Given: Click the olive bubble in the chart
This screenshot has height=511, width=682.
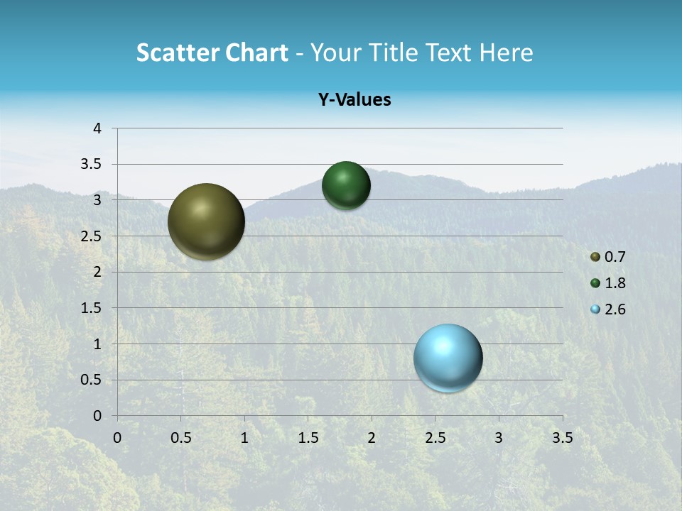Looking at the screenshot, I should (206, 221).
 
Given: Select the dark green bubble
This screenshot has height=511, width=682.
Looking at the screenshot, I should (346, 185).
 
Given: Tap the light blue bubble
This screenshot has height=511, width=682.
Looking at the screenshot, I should (448, 358).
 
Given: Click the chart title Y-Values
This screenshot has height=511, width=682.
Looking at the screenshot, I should (354, 100).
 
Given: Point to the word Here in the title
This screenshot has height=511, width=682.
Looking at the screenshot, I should (506, 53).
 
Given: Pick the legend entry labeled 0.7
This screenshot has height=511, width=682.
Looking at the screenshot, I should (609, 257).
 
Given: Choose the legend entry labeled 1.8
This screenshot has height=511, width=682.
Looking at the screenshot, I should (609, 283).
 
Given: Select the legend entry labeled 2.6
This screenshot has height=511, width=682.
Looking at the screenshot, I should (609, 309).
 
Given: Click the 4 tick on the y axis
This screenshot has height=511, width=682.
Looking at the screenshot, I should (97, 128).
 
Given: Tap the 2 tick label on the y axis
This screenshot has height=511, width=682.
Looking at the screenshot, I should (97, 272).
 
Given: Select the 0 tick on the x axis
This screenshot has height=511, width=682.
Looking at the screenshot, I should (117, 438).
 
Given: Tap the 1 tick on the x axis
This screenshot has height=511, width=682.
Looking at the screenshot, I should (244, 438).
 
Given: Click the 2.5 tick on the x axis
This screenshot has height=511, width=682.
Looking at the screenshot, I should (435, 438).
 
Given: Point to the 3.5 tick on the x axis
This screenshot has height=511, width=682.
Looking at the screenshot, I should (562, 438).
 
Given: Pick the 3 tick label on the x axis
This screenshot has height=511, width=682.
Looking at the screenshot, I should (499, 438).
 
